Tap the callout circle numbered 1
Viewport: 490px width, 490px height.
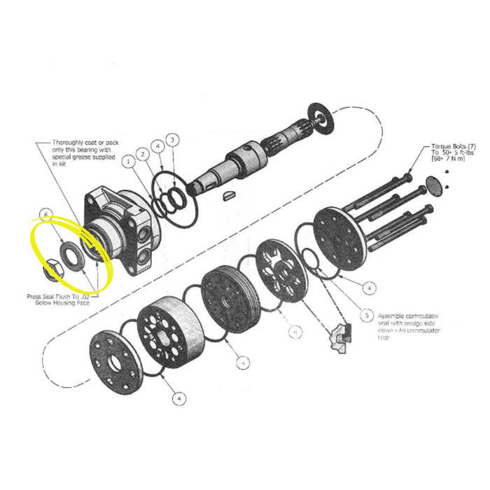coord(129,162)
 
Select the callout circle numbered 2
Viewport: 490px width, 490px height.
coord(143,153)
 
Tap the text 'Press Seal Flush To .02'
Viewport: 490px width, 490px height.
coord(62,297)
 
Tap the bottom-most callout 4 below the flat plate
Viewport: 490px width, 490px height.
coord(180,398)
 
